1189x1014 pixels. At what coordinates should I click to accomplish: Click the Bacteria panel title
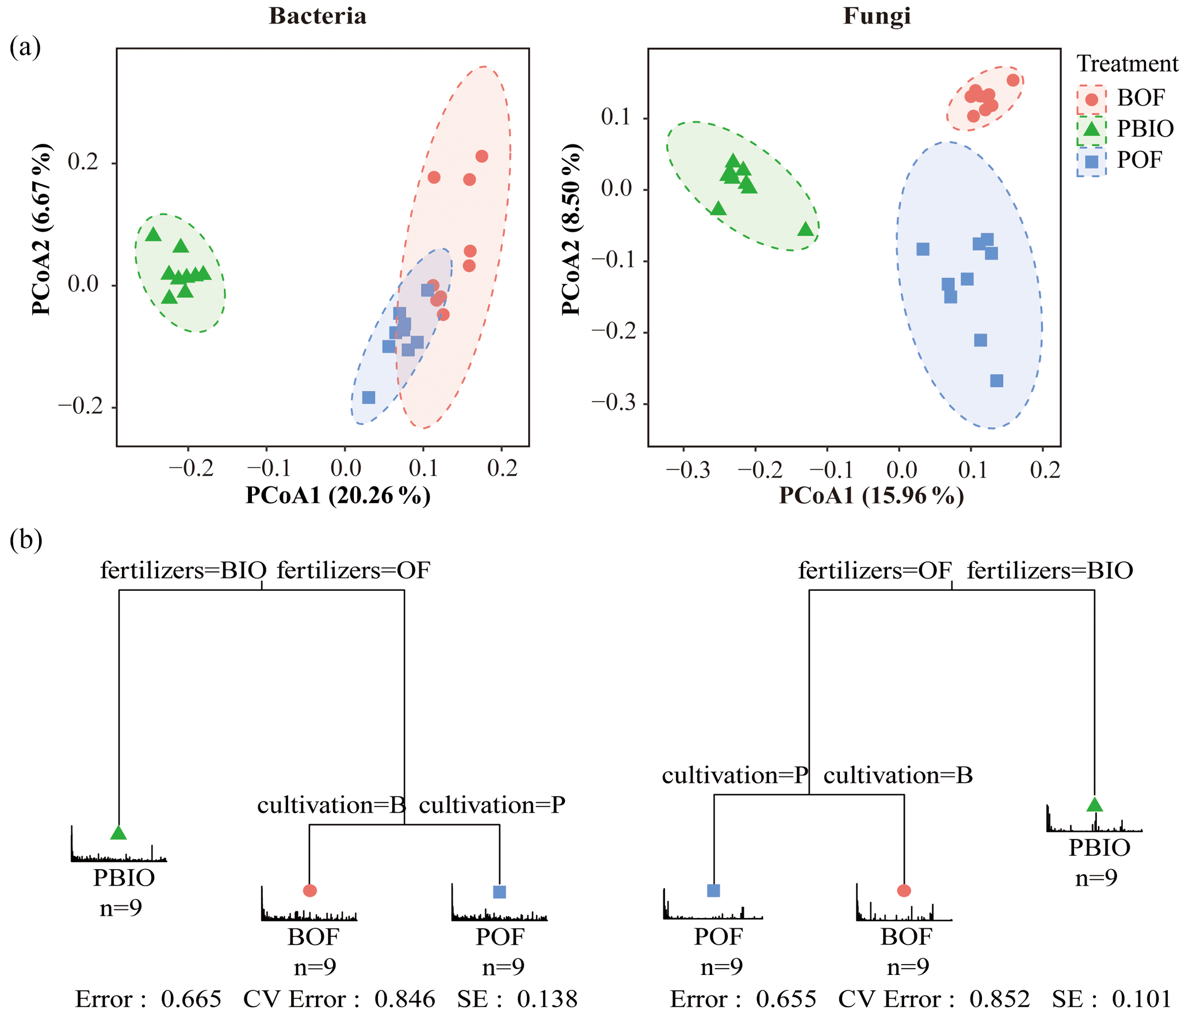point(318,16)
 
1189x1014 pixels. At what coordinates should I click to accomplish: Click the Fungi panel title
point(877,16)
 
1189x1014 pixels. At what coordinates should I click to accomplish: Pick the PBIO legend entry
point(1125,129)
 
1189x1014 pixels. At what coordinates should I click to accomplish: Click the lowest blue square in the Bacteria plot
point(369,397)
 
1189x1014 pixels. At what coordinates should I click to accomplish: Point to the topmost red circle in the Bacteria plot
point(482,156)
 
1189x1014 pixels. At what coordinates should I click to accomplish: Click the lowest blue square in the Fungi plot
point(997,381)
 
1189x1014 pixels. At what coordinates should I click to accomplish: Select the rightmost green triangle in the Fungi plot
point(806,229)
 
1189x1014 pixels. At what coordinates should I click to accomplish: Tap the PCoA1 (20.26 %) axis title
point(338,496)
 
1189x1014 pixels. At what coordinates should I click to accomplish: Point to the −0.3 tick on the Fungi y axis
point(614,403)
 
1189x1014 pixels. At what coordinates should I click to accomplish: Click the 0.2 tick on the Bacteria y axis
point(83,163)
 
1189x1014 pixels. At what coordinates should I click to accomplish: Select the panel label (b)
point(26,540)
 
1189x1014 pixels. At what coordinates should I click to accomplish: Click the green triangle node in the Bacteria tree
point(118,833)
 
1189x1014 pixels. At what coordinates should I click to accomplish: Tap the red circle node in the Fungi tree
point(904,891)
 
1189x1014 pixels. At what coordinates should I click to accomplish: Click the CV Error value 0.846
point(405,1000)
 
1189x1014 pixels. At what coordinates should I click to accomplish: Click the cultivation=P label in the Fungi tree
point(735,776)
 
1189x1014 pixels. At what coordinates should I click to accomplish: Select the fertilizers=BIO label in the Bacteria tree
point(183,571)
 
